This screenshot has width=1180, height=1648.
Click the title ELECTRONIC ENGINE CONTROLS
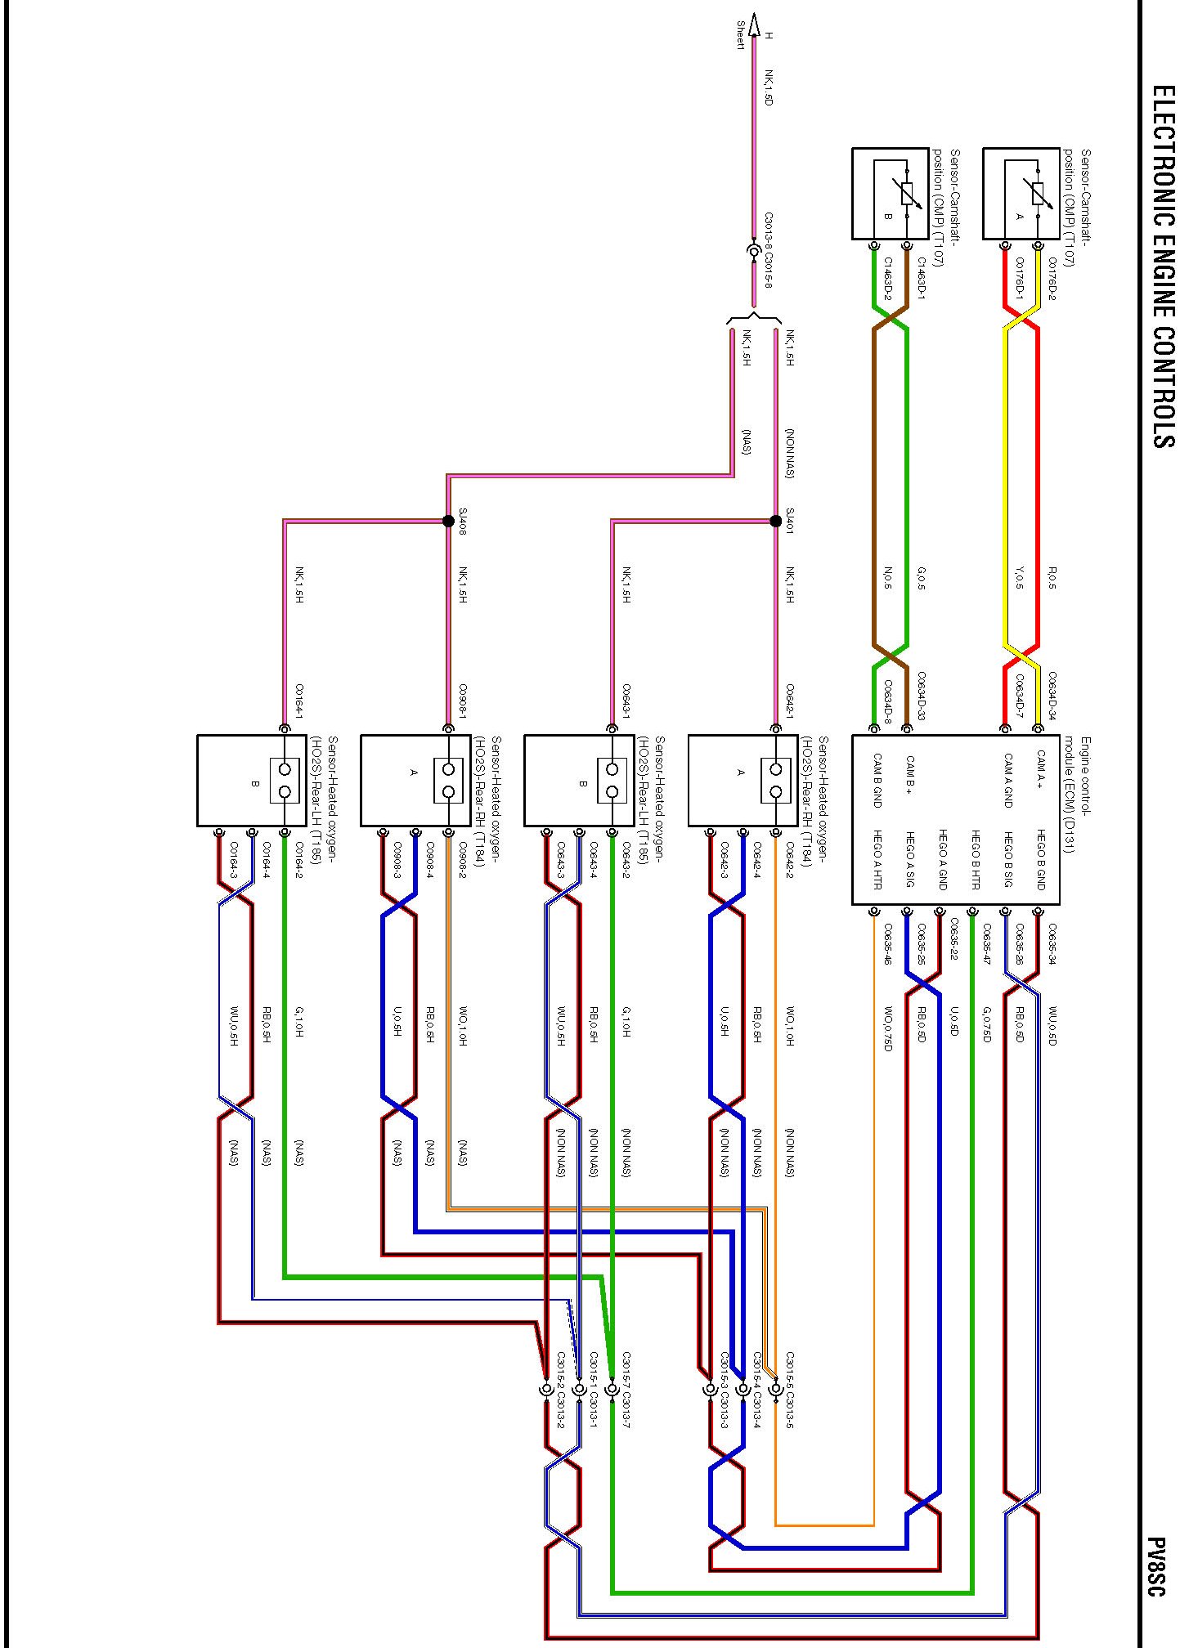coord(1162,266)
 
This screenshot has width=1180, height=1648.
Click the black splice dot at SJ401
coord(775,521)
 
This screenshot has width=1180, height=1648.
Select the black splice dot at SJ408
coord(448,521)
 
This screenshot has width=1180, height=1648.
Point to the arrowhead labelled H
coord(754,25)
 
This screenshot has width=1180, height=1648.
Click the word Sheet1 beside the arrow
coord(741,36)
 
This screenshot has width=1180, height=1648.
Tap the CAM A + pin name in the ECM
coord(1041,770)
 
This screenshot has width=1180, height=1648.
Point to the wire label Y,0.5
coord(1019,580)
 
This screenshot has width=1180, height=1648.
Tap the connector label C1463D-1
coord(921,279)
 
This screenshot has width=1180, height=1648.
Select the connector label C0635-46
coord(888,944)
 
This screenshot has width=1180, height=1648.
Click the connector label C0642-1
coord(790,701)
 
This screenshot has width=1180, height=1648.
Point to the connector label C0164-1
coord(299,701)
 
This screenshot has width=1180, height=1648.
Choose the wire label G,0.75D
coord(987,1024)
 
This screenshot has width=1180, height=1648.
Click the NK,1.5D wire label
coord(768,87)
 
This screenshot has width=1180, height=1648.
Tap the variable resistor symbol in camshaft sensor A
coord(1038,194)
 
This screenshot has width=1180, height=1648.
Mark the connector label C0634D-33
coord(921,696)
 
